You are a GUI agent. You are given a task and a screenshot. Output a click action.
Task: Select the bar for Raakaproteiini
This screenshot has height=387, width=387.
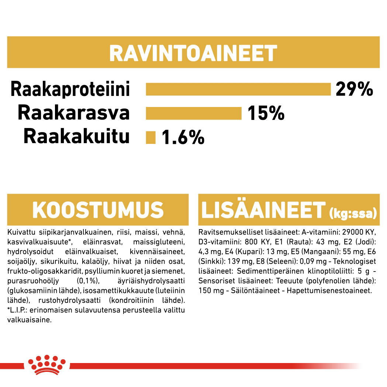click(x=238, y=89)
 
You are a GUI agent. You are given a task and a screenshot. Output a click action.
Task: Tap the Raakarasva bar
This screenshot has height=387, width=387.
click(x=194, y=113)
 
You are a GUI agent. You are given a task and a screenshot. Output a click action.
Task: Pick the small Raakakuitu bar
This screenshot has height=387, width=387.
click(x=151, y=138)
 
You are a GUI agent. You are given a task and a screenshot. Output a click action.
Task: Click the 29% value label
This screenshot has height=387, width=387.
click(x=354, y=89)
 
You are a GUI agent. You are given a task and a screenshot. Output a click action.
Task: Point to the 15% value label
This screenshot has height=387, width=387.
click(x=266, y=113)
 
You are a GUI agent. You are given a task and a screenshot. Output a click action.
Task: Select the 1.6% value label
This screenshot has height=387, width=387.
click(x=183, y=138)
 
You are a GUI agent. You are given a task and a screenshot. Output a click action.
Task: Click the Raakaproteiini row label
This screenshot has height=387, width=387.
click(x=70, y=89)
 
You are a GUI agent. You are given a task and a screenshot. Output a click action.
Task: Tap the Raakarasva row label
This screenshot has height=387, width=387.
click(x=74, y=113)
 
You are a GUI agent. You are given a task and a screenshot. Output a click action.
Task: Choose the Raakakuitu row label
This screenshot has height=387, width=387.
click(x=77, y=137)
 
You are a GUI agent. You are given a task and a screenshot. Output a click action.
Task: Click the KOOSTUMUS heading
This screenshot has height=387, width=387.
click(x=98, y=210)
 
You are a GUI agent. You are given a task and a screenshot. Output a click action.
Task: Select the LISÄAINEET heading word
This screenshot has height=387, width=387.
click(x=263, y=210)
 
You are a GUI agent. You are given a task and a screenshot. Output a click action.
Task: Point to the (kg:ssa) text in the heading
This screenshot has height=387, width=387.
click(x=353, y=213)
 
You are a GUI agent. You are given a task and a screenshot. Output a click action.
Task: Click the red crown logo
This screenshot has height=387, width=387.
click(x=47, y=364)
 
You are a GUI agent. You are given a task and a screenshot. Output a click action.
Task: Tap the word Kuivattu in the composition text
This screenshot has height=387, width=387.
click(x=19, y=233)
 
